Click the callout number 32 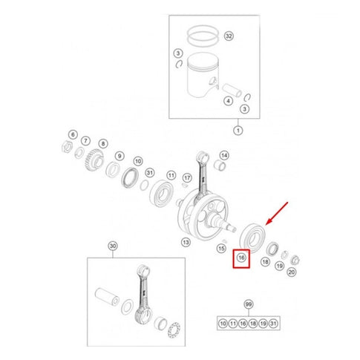tap(229, 36)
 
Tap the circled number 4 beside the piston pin tap(228, 101)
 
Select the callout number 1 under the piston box tap(238, 131)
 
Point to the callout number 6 tap(73, 134)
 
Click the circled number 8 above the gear tap(103, 143)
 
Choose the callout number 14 tap(224, 155)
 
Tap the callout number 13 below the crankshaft tap(186, 242)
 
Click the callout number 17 tap(187, 178)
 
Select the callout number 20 tap(292, 272)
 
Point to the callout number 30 tap(113, 246)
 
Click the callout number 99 tap(249, 304)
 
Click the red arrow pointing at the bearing tap(277, 214)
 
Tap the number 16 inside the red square tap(241, 258)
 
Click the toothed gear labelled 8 tap(94, 160)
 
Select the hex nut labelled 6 tap(66, 147)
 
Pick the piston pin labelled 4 tap(232, 91)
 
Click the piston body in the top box tap(203, 75)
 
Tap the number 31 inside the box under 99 tap(273, 324)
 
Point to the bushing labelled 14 tap(219, 166)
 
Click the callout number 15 tap(221, 249)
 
